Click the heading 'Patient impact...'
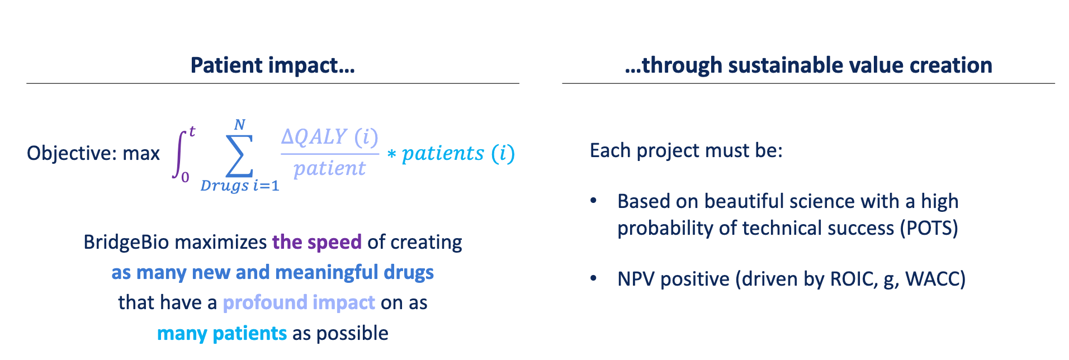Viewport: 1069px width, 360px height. coord(272,65)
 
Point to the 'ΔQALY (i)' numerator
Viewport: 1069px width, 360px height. coord(329,137)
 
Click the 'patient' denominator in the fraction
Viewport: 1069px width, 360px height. coord(329,168)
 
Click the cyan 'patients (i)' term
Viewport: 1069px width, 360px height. coord(458,153)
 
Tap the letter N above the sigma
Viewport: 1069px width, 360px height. coord(239,124)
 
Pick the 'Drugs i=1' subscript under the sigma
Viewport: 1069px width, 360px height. coord(239,186)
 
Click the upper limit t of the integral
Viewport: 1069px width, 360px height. coord(192,132)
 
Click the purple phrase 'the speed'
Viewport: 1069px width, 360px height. coord(316,242)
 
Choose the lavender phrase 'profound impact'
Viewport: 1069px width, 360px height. coord(299,302)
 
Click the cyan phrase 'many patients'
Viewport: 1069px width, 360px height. coord(221,333)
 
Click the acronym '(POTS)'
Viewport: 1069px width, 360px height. coord(929,228)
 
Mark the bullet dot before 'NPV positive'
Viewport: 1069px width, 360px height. coord(594,278)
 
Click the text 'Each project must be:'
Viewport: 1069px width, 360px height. coord(686,150)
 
